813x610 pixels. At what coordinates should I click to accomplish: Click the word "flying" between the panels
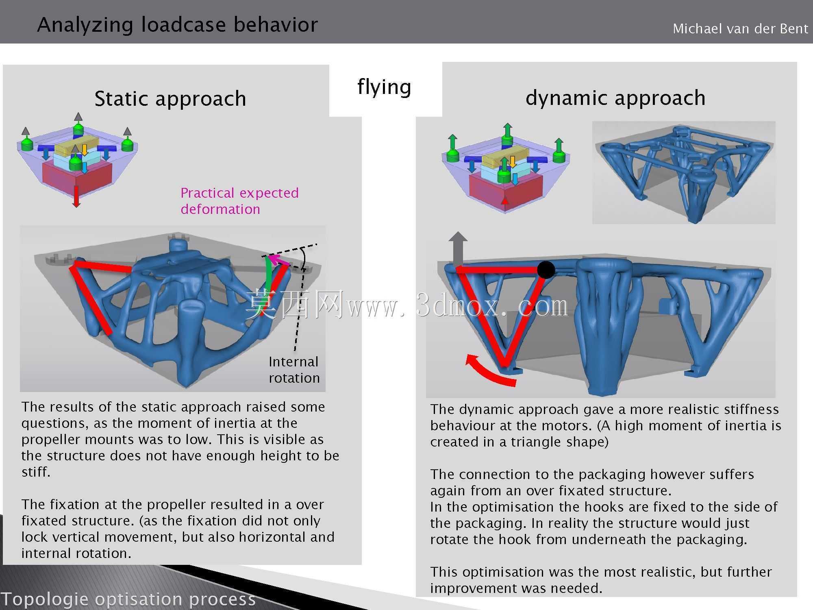pos(384,87)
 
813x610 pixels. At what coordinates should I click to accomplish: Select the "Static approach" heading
pos(170,98)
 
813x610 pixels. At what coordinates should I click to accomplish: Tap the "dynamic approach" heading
pos(615,98)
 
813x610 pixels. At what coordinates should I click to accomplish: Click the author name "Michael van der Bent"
pos(740,28)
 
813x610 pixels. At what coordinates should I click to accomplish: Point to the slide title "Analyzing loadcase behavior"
pos(177,24)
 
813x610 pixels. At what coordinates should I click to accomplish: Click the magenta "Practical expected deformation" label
pos(239,200)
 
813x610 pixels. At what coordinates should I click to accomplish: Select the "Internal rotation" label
pos(294,370)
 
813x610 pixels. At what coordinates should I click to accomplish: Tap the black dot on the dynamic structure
pos(546,270)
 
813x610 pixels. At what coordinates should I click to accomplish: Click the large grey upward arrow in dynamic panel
pos(458,249)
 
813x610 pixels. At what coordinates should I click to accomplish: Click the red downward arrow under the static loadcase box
pos(76,196)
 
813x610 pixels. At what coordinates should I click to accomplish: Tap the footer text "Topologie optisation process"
pos(128,599)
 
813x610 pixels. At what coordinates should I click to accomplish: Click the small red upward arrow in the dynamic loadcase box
pos(505,200)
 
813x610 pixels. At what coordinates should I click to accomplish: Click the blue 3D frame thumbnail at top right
pos(684,172)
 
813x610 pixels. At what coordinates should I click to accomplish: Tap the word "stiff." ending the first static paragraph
pos(36,472)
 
